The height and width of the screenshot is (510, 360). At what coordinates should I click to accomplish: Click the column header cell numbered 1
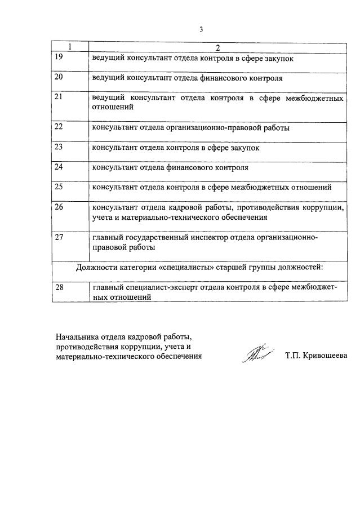coord(70,46)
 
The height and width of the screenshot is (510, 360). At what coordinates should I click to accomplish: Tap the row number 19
coord(59,56)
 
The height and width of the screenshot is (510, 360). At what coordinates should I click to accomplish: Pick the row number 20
coord(59,77)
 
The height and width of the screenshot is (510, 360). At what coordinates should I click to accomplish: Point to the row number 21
coord(59,97)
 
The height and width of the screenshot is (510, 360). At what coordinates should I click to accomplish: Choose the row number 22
coord(59,127)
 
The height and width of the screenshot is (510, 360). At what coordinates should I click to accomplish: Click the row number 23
coord(59,148)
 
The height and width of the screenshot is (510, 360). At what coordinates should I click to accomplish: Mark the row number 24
coord(59,167)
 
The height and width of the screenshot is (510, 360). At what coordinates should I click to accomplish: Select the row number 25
coord(59,187)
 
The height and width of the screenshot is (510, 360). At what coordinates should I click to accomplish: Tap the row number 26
coord(59,207)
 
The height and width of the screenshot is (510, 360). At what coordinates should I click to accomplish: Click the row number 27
coord(59,237)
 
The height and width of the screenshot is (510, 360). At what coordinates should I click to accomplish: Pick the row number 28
coord(59,287)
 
